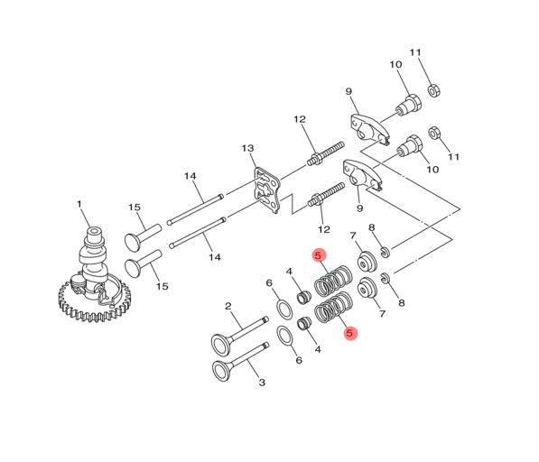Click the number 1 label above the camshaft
(x=79, y=204)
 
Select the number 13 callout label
(x=247, y=148)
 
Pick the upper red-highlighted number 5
(x=318, y=256)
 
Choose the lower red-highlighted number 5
(x=350, y=333)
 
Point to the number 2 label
(x=228, y=307)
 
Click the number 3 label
(x=262, y=383)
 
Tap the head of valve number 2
(x=219, y=344)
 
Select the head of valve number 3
(x=219, y=370)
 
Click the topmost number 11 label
(x=415, y=52)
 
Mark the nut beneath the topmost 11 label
(x=432, y=90)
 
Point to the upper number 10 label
(x=395, y=65)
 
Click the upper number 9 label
(x=348, y=92)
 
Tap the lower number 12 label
(x=324, y=229)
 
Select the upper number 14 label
(x=191, y=176)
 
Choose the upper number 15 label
(x=135, y=208)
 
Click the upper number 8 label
(x=371, y=228)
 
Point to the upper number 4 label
(x=289, y=272)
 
